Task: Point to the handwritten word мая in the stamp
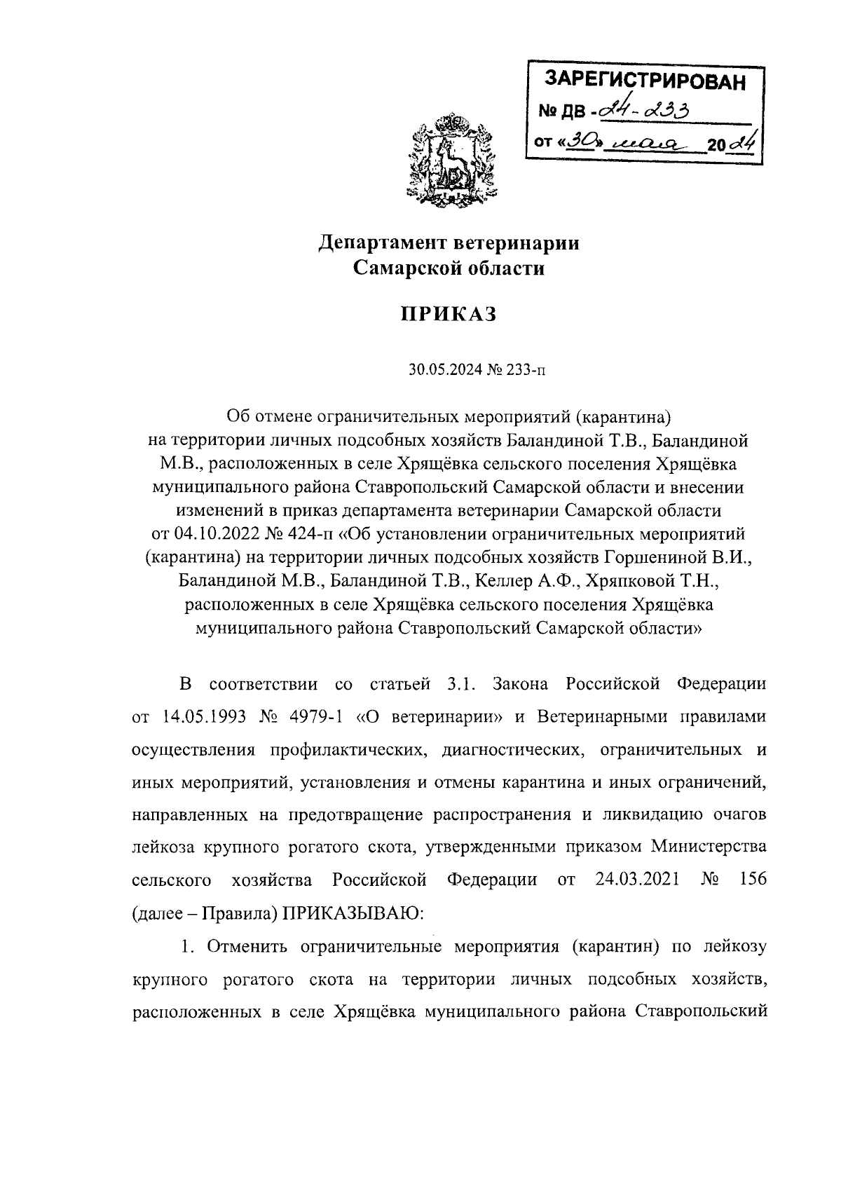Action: coord(645,143)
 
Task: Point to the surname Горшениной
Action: coord(676,558)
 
